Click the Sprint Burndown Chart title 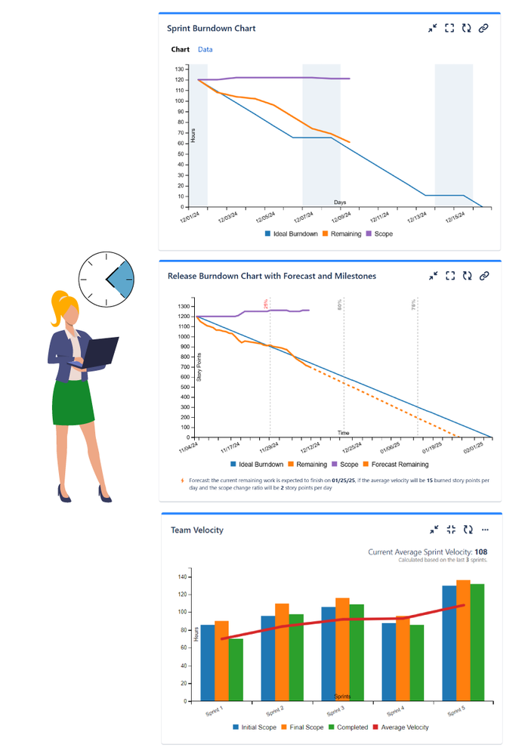click(212, 29)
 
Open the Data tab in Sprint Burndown click(205, 50)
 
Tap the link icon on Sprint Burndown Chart click(483, 29)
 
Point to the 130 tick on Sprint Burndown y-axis click(180, 69)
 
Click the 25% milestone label click(266, 304)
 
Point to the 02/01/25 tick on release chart click(473, 448)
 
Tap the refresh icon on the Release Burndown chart click(467, 277)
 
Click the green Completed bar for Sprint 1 click(236, 670)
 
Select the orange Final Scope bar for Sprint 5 click(463, 641)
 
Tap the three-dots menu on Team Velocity click(485, 530)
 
